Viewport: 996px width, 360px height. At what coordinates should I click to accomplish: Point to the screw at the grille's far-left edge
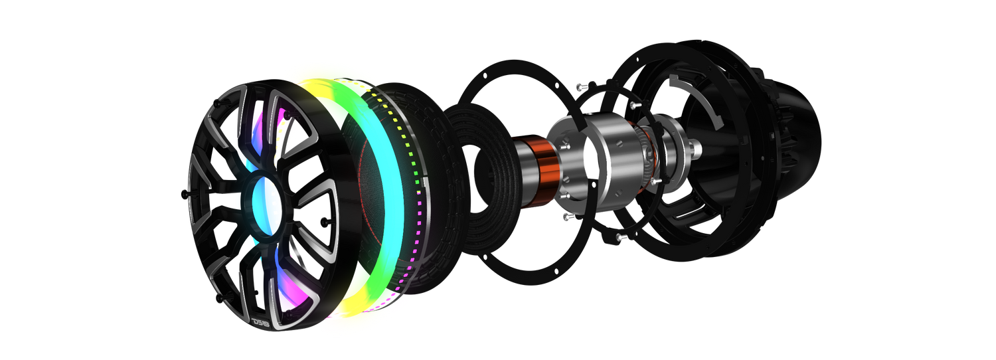pos(185,193)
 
